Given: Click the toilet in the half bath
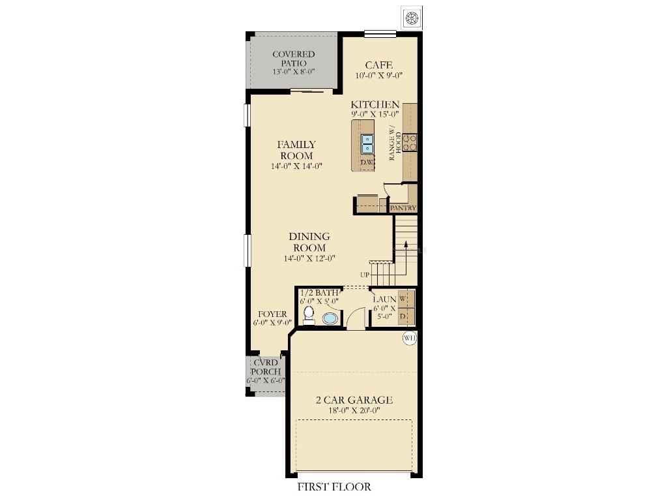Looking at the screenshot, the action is (309, 315).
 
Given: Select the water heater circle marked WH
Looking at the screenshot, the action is (410, 339).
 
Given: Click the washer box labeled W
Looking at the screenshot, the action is (406, 298).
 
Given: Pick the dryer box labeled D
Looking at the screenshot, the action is (406, 316).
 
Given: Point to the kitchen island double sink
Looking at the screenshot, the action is (367, 144).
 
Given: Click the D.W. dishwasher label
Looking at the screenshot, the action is (367, 162).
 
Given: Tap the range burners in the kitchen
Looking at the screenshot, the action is (410, 142).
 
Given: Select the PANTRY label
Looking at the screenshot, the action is (403, 208).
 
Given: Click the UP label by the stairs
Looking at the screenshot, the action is (365, 275).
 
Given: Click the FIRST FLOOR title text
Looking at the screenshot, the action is (334, 487).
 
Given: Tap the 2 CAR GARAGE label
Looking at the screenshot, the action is (354, 400).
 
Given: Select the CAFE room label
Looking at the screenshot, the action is (378, 65).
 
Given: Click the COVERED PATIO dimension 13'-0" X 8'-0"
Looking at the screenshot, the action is (294, 72).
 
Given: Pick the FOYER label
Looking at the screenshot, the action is (272, 314).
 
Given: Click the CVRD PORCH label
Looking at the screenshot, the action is (266, 367).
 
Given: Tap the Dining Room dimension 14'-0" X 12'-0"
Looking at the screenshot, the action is (309, 258).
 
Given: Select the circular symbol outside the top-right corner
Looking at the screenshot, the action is (412, 18).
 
